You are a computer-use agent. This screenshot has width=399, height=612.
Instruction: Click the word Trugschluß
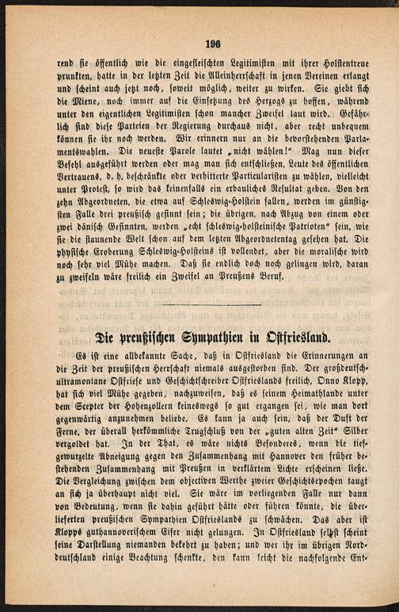pyautogui.click(x=184, y=438)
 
